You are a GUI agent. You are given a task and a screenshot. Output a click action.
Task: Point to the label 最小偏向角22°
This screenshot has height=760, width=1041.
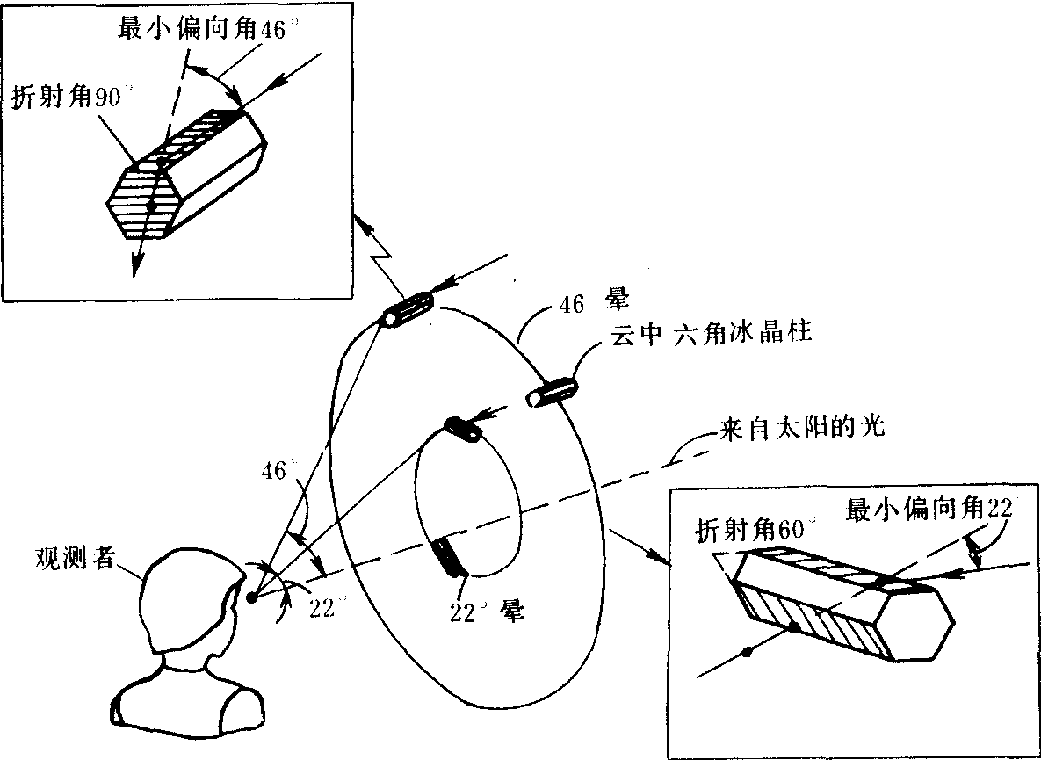[x=930, y=509]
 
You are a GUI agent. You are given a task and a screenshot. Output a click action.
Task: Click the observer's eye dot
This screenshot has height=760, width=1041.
[x=251, y=598]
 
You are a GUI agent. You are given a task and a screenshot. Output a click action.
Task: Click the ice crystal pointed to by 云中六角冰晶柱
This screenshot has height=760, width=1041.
[x=550, y=391]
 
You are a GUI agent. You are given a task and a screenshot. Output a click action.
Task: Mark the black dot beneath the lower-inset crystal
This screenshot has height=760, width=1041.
[x=747, y=651]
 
